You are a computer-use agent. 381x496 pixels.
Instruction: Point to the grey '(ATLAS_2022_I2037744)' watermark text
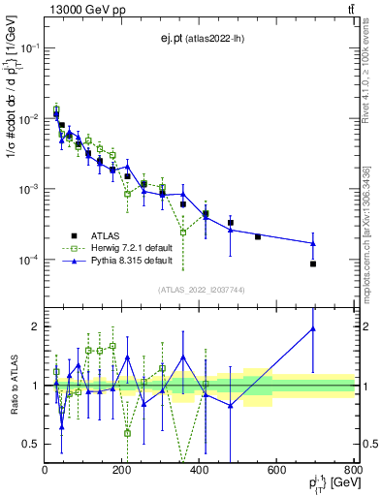[x=200, y=289]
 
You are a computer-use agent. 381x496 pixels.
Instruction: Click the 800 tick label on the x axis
[x=352, y=472]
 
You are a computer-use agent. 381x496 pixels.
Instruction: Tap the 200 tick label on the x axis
[x=122, y=472]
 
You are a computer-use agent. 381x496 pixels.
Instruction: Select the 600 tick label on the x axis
[x=276, y=472]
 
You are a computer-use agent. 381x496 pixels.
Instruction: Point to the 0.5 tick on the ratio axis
[x=31, y=444]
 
